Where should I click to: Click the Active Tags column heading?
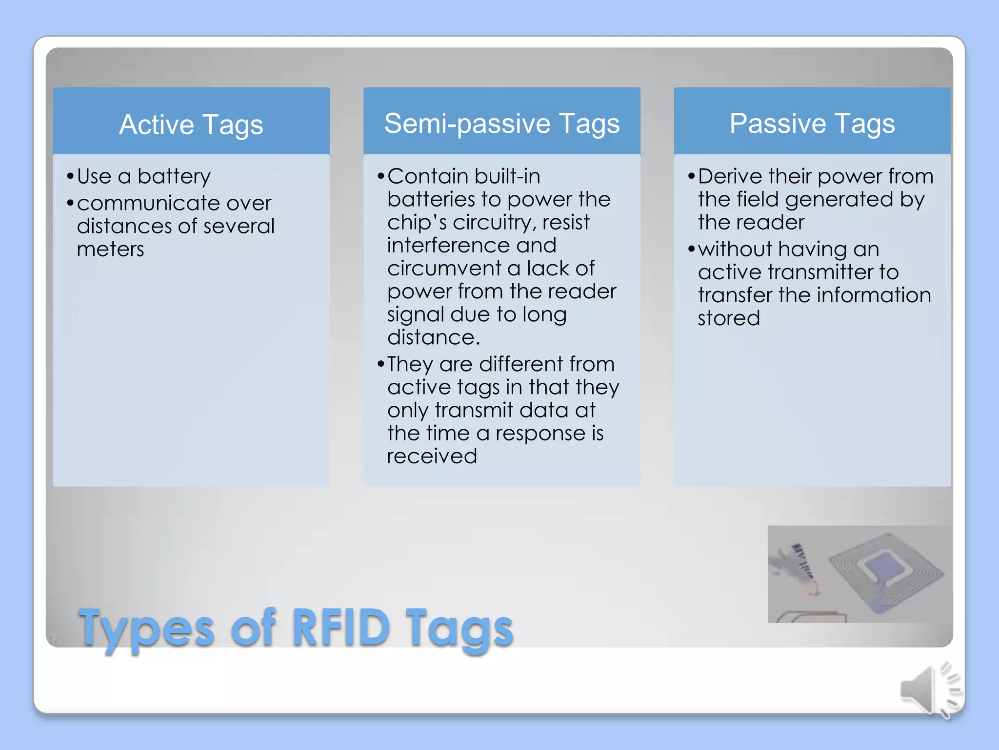coord(191,124)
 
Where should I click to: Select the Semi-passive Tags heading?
coord(501,123)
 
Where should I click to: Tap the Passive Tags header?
coord(812,123)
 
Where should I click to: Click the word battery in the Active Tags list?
coord(174,177)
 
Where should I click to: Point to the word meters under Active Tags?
coord(110,250)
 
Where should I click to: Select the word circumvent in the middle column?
coord(444,269)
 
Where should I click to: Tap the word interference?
coord(471,245)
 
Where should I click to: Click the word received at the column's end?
coord(432,456)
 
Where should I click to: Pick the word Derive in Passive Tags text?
coord(730,176)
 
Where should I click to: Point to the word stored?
coord(728,318)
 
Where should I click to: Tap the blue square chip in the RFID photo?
coord(883,569)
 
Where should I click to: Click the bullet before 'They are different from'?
coord(381,364)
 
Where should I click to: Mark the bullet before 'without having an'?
coord(691,250)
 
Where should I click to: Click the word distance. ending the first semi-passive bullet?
coord(433,337)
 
